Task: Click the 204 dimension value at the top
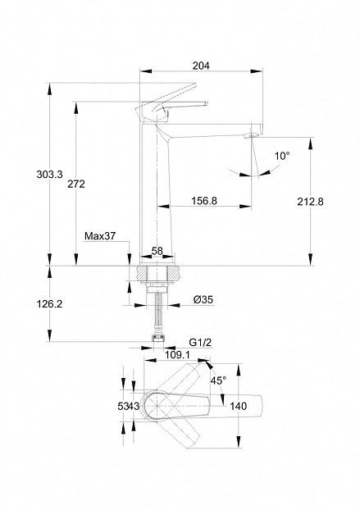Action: tap(201, 66)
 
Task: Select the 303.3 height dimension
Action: tap(49, 175)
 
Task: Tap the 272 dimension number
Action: tap(76, 184)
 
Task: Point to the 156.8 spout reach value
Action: tap(204, 201)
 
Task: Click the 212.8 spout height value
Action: tap(310, 202)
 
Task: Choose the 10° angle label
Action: tap(282, 156)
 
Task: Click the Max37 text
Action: tap(100, 236)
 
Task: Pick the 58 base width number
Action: tap(157, 251)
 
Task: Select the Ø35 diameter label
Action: tap(203, 299)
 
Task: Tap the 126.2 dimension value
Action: tap(49, 304)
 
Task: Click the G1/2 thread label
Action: tap(200, 342)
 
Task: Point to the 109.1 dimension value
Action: tap(177, 354)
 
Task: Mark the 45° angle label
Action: tap(218, 380)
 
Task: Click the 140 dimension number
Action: tap(239, 406)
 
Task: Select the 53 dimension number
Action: tap(122, 406)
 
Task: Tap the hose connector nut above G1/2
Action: tap(159, 339)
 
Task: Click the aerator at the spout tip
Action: tap(248, 135)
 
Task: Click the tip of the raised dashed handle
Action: tap(195, 84)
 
